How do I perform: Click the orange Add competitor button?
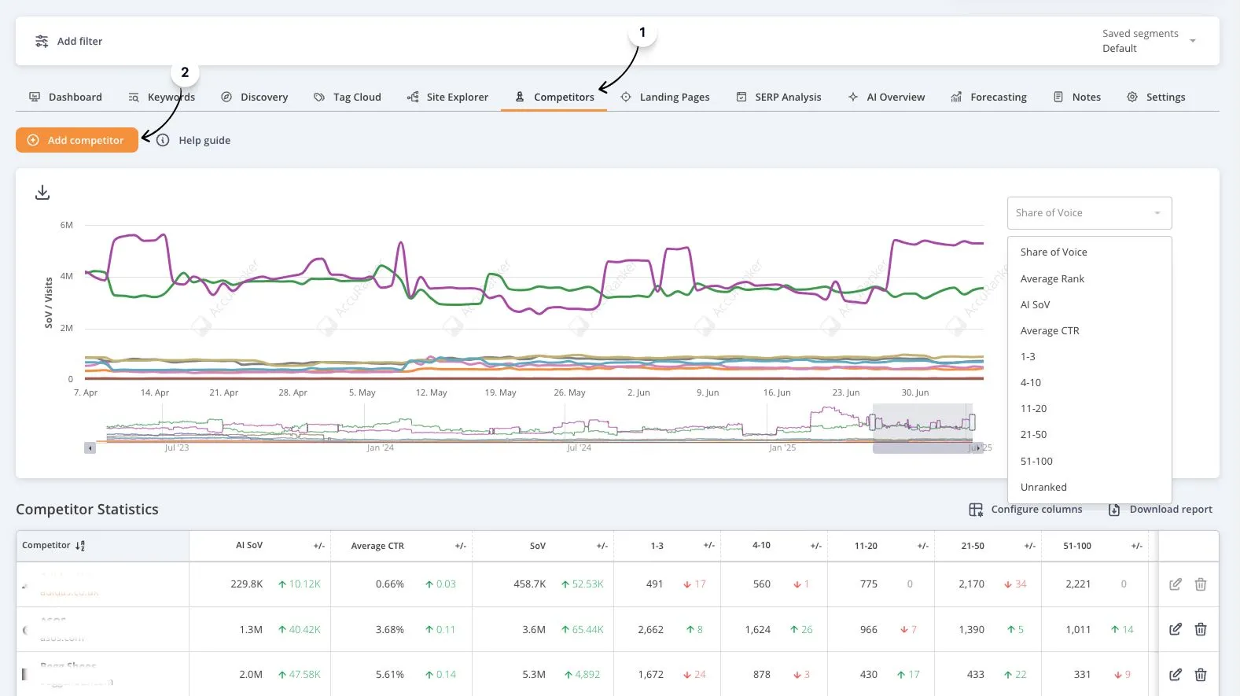pyautogui.click(x=77, y=140)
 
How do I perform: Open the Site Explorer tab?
pyautogui.click(x=447, y=98)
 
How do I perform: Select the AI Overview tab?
pyautogui.click(x=886, y=98)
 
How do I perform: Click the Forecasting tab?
pyautogui.click(x=988, y=98)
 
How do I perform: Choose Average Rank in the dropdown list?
pyautogui.click(x=1052, y=278)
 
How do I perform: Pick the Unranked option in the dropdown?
pyautogui.click(x=1043, y=487)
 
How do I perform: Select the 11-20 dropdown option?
pyautogui.click(x=1033, y=408)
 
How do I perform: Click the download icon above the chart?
pyautogui.click(x=42, y=193)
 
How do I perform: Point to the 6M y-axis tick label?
pyautogui.click(x=67, y=225)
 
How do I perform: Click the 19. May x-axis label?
pyautogui.click(x=500, y=392)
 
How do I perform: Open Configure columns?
pyautogui.click(x=1025, y=510)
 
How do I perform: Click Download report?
pyautogui.click(x=1161, y=510)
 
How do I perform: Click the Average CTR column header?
pyautogui.click(x=377, y=546)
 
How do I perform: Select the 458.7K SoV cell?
pyautogui.click(x=530, y=584)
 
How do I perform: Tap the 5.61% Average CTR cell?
pyautogui.click(x=389, y=675)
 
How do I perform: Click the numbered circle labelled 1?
pyautogui.click(x=642, y=33)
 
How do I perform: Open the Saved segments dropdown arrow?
pyautogui.click(x=1193, y=41)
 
